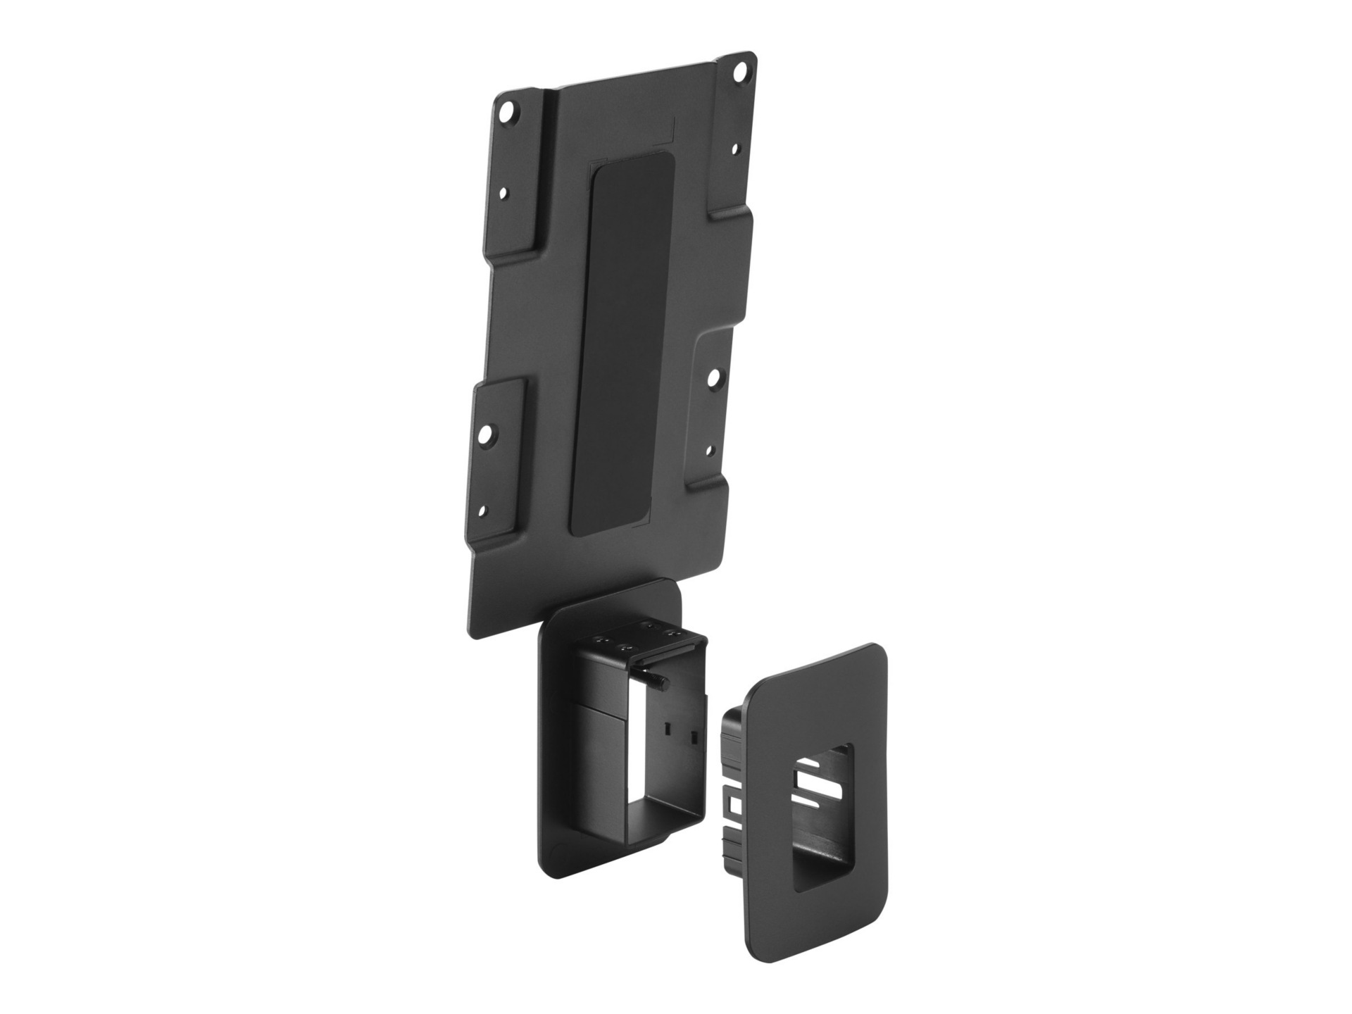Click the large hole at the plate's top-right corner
739,73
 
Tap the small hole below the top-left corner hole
503,192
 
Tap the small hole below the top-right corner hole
735,150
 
